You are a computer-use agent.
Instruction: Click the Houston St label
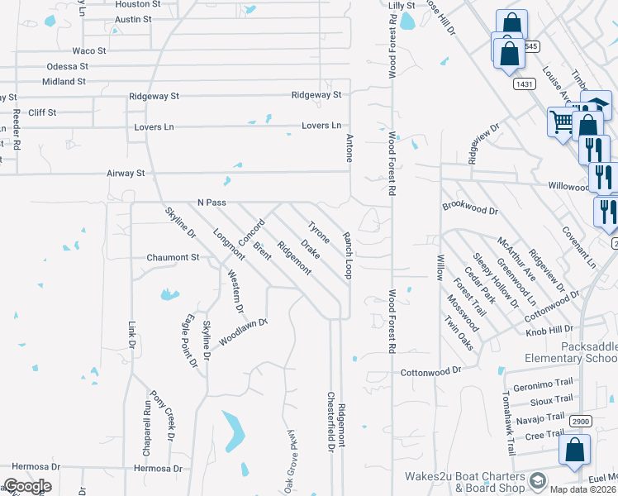point(137,4)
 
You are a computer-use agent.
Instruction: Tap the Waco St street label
point(89,50)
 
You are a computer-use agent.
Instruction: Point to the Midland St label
point(65,81)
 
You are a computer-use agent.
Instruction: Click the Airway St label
point(126,174)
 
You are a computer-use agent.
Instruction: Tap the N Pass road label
point(212,203)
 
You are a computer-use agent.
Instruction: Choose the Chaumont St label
point(174,258)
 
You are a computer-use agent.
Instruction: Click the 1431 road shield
point(523,83)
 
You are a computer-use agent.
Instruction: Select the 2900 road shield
point(581,421)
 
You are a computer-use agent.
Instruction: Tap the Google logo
point(27,486)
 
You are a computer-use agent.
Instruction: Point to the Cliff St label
point(42,112)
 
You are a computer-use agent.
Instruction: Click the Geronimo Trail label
point(543,384)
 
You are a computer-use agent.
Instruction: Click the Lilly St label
point(402,5)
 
